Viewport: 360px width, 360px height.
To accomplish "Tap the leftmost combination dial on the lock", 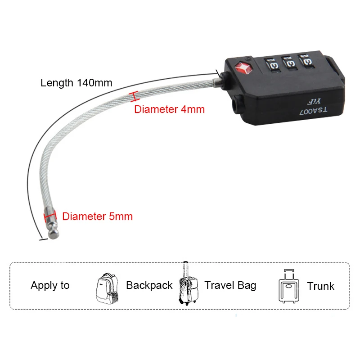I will (x=272, y=63).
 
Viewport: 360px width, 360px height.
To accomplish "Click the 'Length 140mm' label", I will (x=76, y=83).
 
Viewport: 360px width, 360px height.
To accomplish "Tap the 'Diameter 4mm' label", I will (x=170, y=109).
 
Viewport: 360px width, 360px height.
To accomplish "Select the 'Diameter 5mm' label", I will (x=98, y=216).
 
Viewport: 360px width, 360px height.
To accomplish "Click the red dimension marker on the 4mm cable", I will (x=133, y=96).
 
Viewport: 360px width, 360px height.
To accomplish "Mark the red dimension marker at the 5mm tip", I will (x=49, y=216).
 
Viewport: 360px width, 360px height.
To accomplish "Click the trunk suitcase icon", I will (x=288, y=287).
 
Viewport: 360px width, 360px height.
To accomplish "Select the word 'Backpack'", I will (x=149, y=285).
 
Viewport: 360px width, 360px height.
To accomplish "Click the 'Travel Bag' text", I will (x=230, y=285).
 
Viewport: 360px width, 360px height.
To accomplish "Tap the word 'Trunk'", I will (x=321, y=286).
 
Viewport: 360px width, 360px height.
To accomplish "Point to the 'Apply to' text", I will (x=50, y=285).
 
